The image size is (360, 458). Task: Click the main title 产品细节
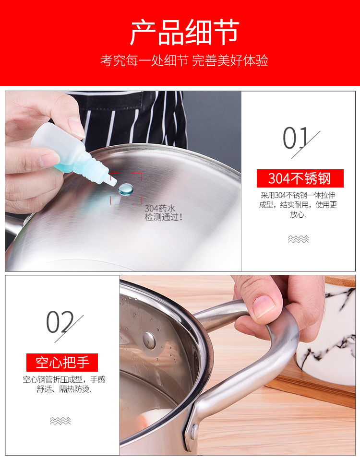tap(184, 33)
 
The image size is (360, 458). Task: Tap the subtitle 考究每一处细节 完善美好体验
tap(184, 61)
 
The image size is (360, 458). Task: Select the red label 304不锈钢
tap(300, 178)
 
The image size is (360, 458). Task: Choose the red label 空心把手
tap(61, 362)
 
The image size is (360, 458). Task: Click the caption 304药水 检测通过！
tap(163, 213)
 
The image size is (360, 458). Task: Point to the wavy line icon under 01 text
tap(298, 239)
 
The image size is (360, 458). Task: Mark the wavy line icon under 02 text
tap(60, 421)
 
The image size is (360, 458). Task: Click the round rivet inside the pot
tap(149, 340)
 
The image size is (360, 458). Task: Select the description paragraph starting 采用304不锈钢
tap(299, 205)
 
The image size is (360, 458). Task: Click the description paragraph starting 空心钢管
tap(64, 384)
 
